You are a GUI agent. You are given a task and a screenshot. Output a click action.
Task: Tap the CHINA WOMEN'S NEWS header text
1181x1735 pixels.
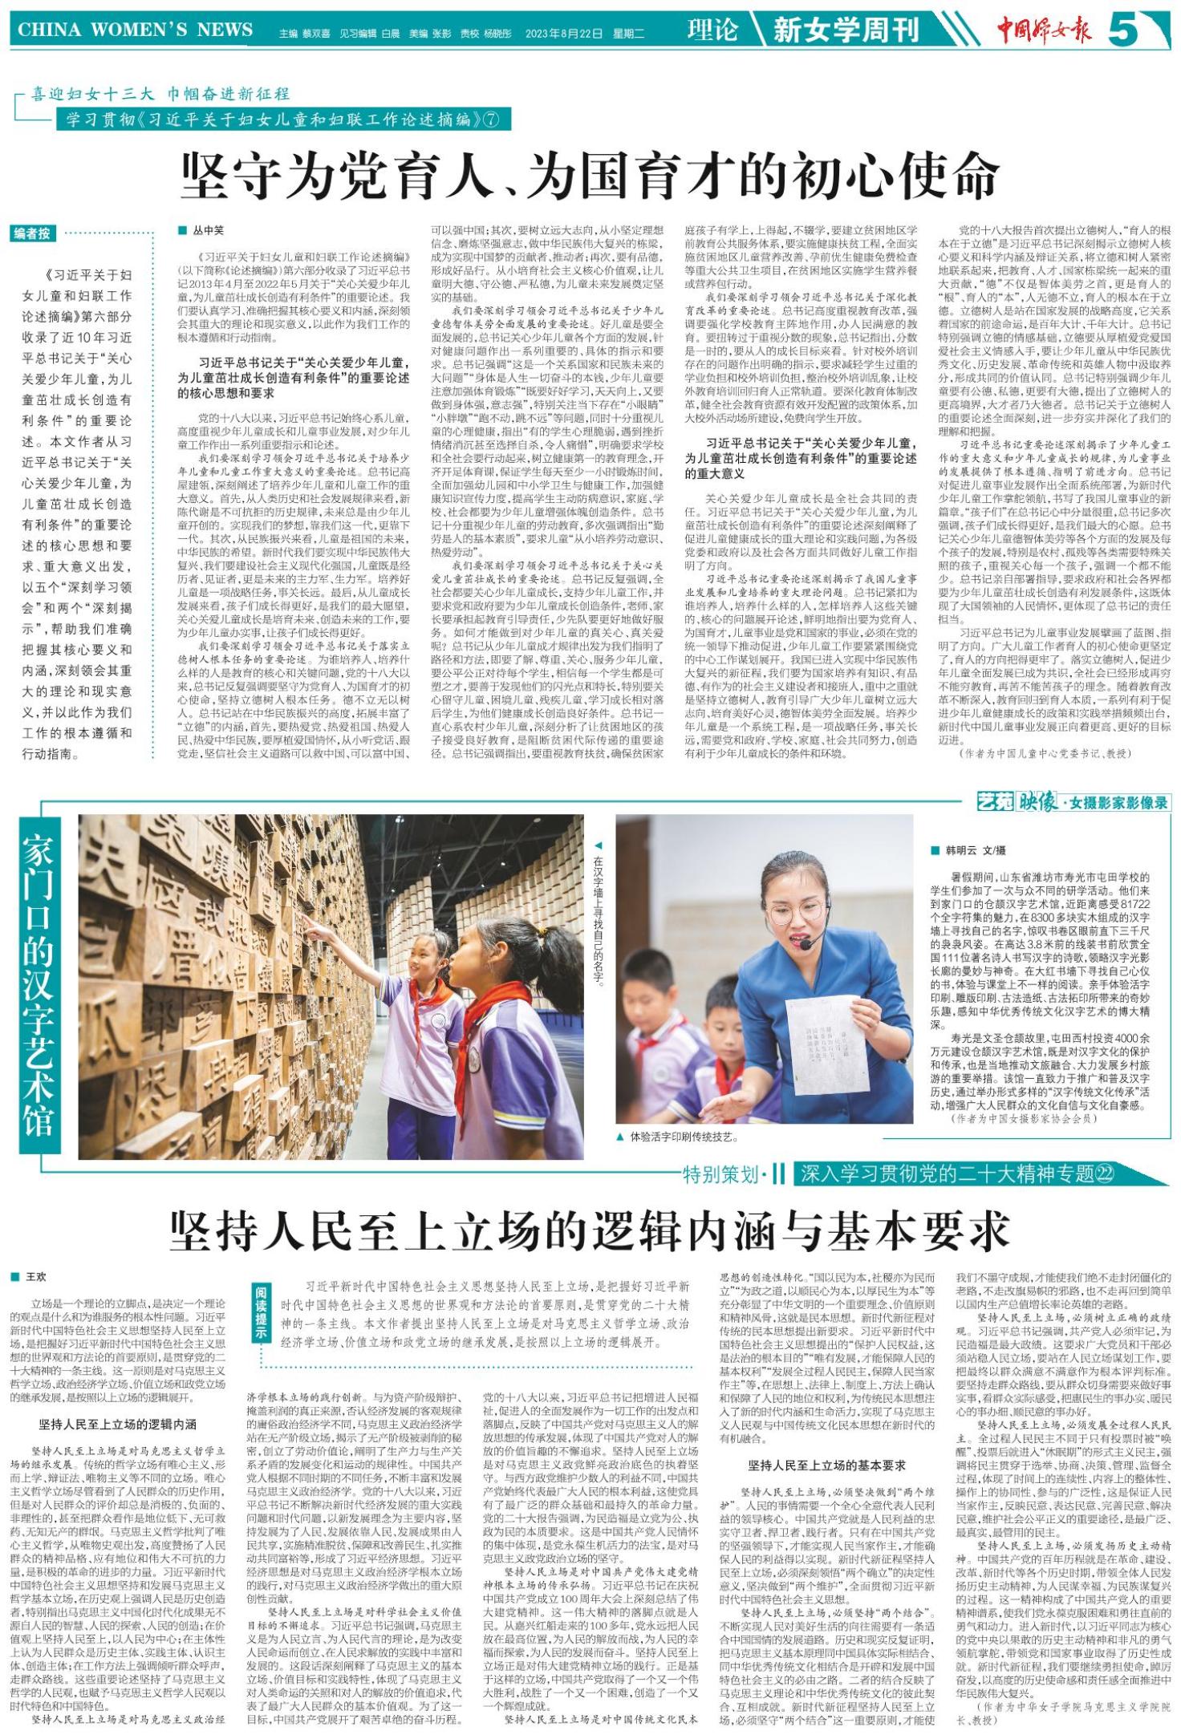click(x=135, y=30)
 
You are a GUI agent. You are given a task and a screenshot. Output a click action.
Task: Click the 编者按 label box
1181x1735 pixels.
click(x=33, y=233)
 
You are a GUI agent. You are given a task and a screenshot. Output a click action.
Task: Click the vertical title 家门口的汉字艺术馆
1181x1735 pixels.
click(x=39, y=984)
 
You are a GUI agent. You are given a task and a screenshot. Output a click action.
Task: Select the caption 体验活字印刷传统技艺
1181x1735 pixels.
click(x=684, y=1137)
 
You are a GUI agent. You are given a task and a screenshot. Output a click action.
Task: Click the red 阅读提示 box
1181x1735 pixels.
click(x=262, y=1311)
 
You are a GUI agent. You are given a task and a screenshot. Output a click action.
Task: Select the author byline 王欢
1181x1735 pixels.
click(x=37, y=1276)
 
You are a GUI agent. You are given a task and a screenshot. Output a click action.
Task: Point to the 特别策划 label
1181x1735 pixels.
click(x=720, y=1175)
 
